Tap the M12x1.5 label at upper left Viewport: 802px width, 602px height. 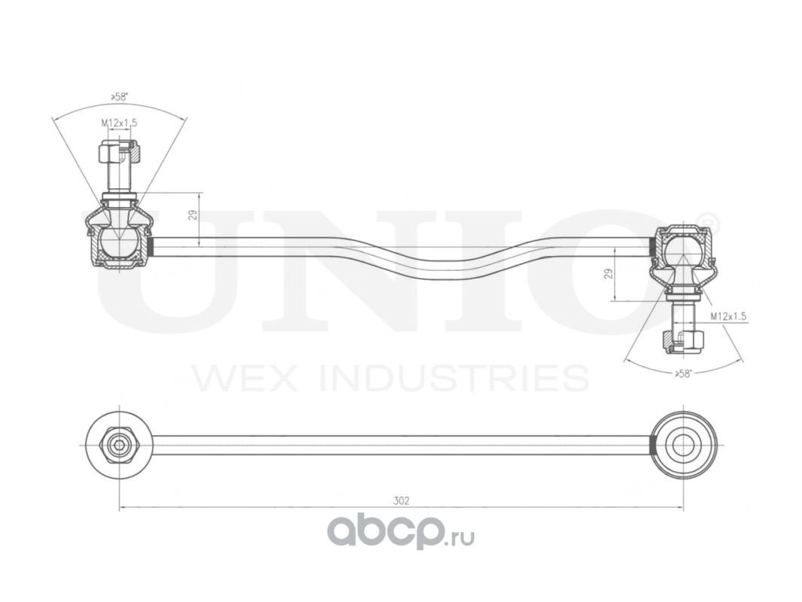click(x=120, y=123)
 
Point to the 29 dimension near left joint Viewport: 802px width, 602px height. click(x=193, y=215)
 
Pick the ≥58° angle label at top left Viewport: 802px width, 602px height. click(x=119, y=96)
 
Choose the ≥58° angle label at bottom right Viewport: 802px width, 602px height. click(x=683, y=373)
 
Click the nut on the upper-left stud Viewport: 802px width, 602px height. click(x=118, y=153)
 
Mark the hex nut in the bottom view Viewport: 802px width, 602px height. click(x=117, y=445)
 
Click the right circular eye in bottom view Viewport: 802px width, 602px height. click(x=683, y=445)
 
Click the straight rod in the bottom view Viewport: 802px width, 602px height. click(x=399, y=445)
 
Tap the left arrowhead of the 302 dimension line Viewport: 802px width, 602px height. click(x=123, y=509)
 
